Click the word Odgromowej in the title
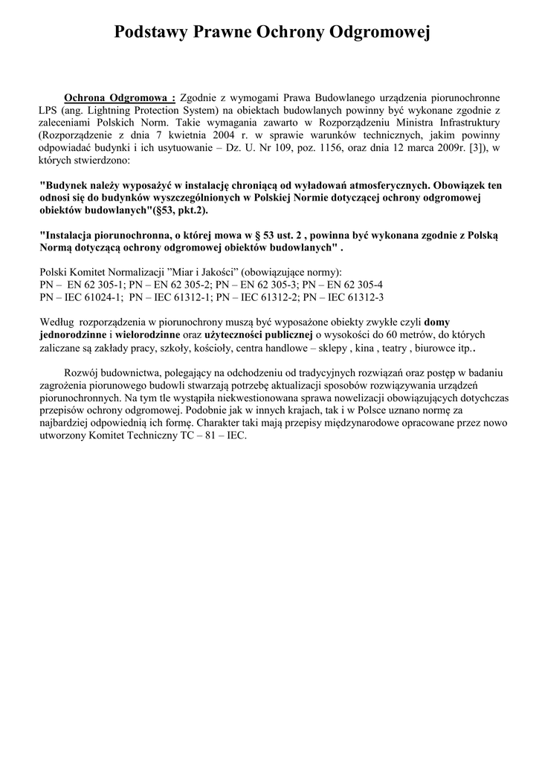click(x=380, y=33)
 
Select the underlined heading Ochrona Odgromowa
click(x=119, y=97)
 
